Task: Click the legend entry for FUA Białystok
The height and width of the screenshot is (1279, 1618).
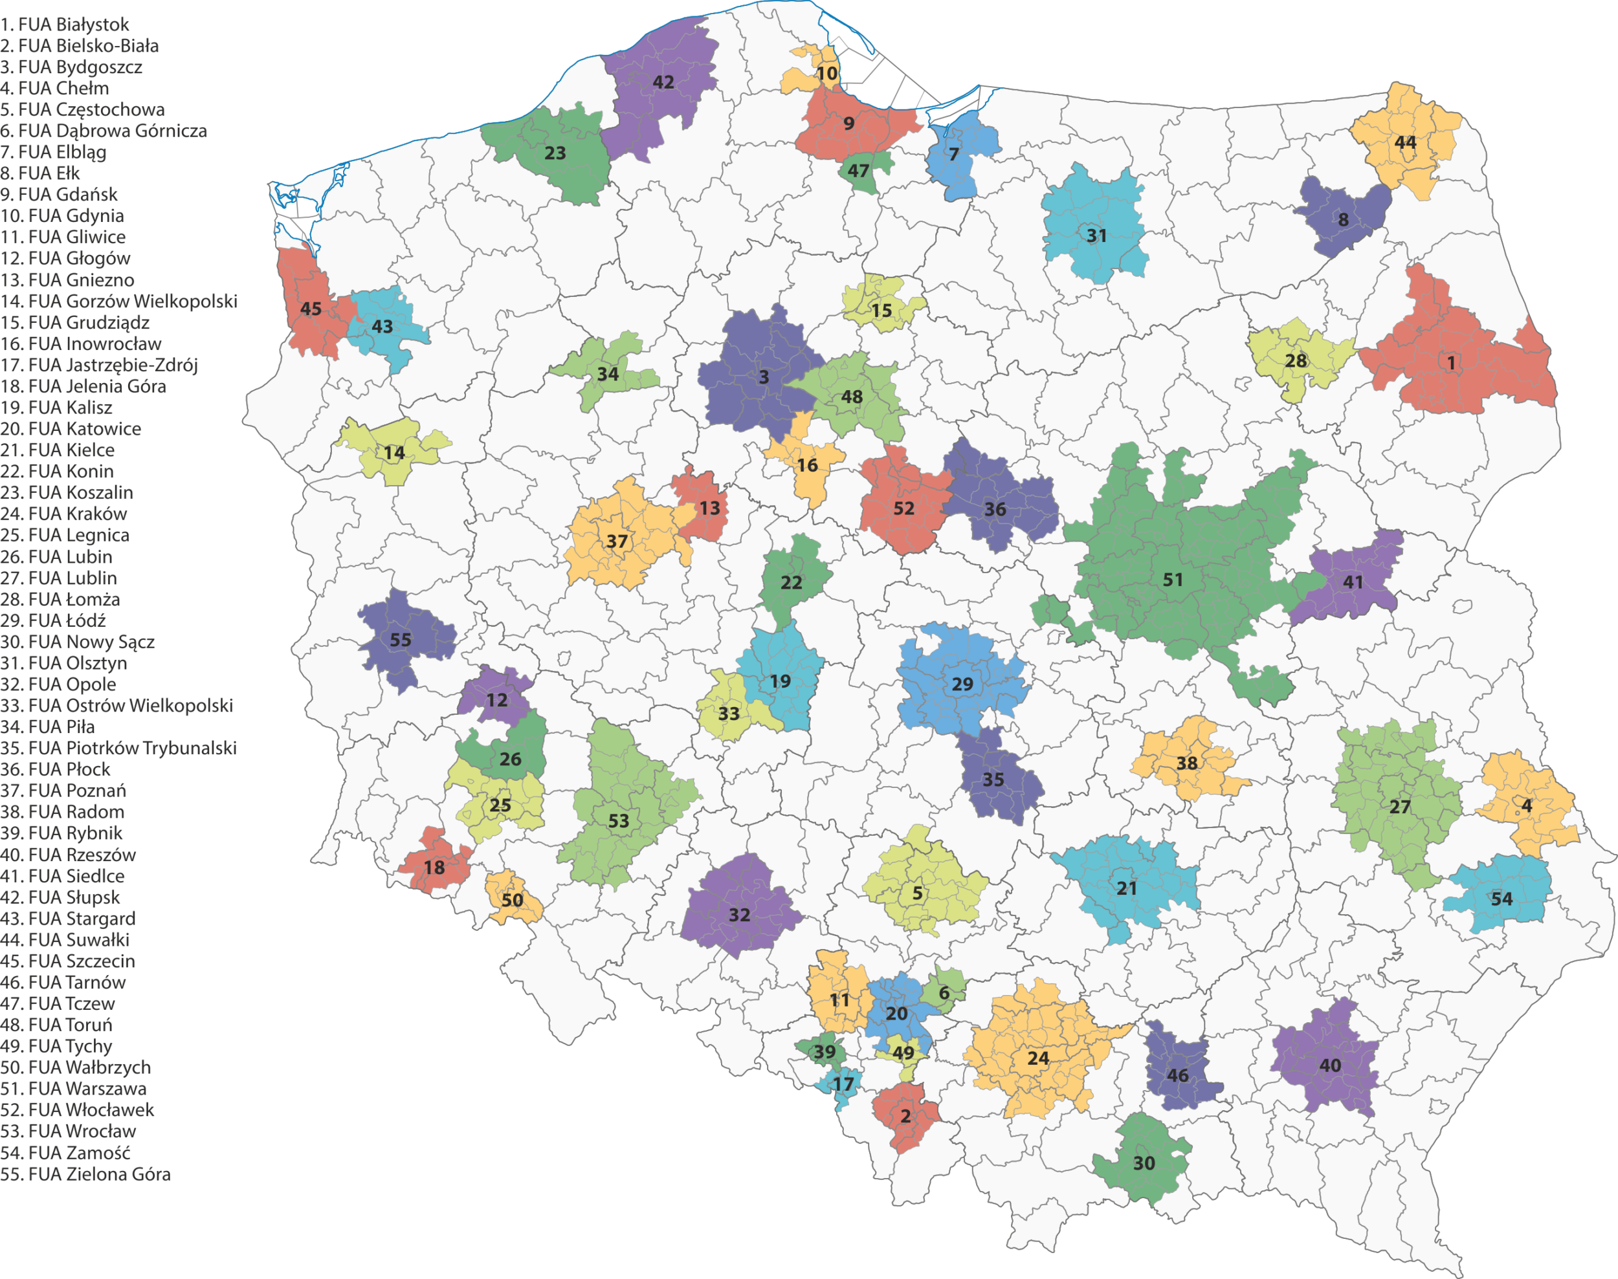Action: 65,25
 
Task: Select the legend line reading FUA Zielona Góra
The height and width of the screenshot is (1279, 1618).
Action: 85,1174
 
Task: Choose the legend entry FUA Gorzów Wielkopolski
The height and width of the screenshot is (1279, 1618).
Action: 118,301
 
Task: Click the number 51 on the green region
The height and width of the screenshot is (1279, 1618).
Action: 1173,580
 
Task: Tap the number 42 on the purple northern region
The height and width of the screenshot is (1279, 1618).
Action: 663,82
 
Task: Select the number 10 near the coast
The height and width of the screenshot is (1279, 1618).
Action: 827,73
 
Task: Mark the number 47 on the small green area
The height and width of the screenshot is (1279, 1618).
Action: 858,171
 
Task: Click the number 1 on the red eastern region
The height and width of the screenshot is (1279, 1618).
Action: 1451,362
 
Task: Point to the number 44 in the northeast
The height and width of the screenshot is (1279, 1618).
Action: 1405,142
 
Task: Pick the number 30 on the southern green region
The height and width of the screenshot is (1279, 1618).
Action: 1144,1163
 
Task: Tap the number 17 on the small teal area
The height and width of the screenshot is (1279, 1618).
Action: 843,1084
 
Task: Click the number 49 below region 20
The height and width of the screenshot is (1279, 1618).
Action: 903,1052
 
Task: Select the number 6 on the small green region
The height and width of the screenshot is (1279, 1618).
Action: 944,993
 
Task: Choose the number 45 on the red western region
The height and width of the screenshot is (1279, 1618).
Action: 311,309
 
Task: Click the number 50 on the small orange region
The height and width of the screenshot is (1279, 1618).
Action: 513,899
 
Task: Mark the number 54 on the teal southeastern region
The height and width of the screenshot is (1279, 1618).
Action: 1502,899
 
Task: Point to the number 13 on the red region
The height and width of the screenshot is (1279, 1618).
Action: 710,508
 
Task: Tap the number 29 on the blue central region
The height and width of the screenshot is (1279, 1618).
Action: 962,684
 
